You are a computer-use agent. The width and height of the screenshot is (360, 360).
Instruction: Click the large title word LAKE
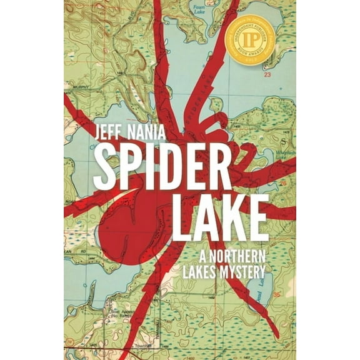(x=221, y=217)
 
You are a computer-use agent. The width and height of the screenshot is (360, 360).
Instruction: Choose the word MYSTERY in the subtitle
(x=242, y=272)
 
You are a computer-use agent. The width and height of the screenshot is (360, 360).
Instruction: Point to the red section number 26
(x=282, y=183)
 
